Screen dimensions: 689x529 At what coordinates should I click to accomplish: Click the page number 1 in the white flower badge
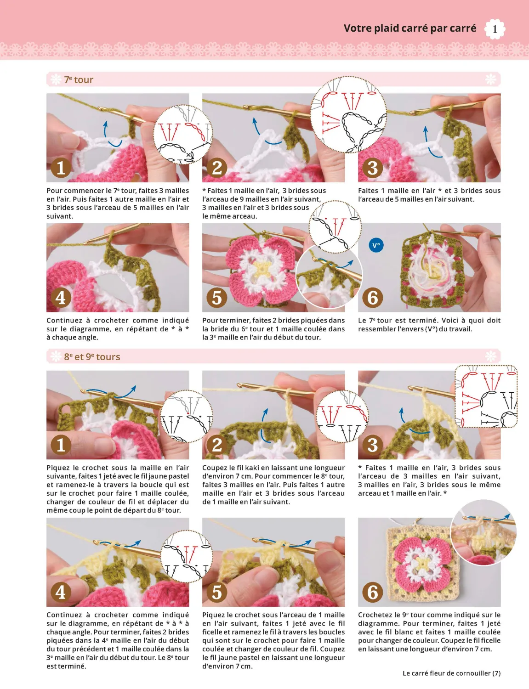[x=495, y=29]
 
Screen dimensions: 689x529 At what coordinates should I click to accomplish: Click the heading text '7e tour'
[x=79, y=80]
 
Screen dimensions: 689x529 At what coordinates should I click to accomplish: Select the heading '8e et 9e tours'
[x=92, y=357]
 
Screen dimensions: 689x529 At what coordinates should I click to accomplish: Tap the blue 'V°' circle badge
[x=376, y=245]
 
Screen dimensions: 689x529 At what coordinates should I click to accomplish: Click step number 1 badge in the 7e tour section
[x=61, y=168]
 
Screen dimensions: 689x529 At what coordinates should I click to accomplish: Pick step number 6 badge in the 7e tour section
[x=372, y=298]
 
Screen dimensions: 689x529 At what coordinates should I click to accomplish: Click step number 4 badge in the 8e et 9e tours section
[x=61, y=592]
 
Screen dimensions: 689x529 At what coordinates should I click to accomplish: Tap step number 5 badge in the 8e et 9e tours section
[x=216, y=592]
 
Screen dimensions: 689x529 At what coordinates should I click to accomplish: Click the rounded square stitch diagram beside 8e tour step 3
[x=486, y=396]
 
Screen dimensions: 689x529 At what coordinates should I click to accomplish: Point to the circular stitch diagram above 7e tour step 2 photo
[x=348, y=115]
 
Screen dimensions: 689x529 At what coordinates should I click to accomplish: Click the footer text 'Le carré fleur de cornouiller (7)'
[x=451, y=673]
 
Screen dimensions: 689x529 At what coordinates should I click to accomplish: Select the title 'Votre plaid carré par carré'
[x=410, y=28]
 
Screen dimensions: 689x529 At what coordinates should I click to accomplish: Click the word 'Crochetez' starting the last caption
[x=374, y=615]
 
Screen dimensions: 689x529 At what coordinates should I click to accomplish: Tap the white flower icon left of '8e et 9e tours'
[x=56, y=356]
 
